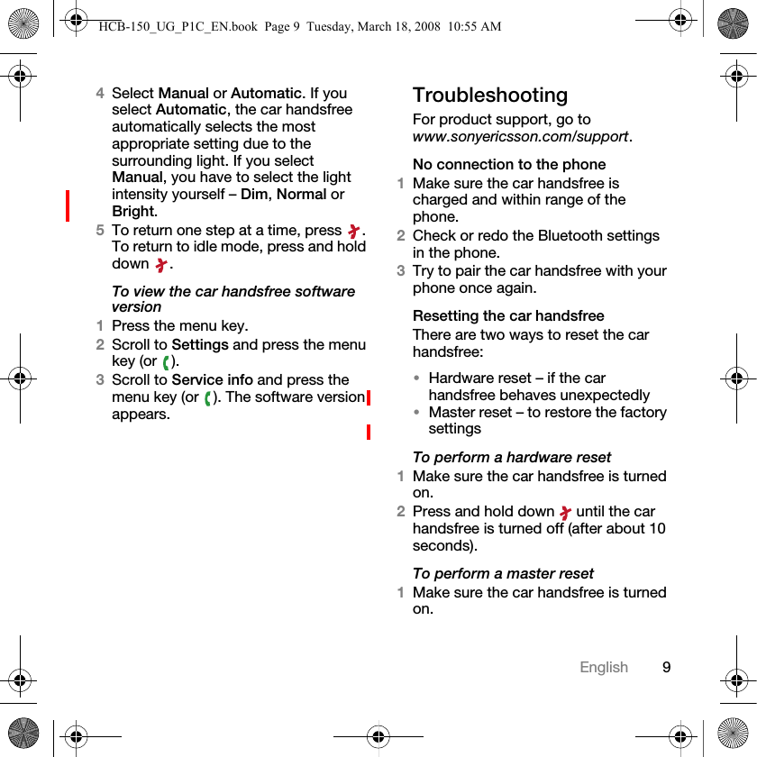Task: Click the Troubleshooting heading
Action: coord(490,96)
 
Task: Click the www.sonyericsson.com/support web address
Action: coord(521,137)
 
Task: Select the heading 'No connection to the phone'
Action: coord(509,165)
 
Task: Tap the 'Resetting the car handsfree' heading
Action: coord(508,316)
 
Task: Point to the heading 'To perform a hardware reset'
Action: coord(511,458)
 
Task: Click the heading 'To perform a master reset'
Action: coord(503,574)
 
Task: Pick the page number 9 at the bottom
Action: coord(666,668)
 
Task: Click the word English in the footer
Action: coord(604,668)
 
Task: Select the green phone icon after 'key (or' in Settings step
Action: coord(168,362)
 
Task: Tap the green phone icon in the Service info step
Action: coord(209,397)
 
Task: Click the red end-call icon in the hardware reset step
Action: coord(565,513)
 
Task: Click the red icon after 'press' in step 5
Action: coord(353,232)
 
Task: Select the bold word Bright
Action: coord(133,212)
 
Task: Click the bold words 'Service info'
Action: coord(212,380)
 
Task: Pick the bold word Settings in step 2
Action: coord(200,345)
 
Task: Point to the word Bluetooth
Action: coord(568,236)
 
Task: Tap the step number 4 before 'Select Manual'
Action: coord(101,94)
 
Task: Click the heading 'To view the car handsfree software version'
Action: coord(233,299)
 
